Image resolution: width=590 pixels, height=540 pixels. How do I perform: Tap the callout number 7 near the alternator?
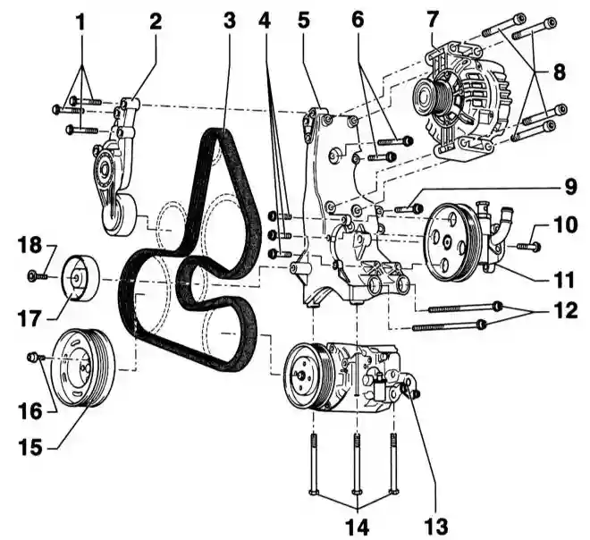(433, 20)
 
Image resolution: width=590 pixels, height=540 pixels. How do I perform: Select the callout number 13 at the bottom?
(436, 526)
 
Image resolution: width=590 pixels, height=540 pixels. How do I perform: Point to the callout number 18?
(29, 245)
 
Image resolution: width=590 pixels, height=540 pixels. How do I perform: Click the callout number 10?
(565, 224)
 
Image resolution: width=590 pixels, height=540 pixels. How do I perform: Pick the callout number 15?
(31, 448)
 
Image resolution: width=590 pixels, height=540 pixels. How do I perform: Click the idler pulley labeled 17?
(80, 278)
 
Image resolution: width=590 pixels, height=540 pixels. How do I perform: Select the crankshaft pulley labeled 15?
(83, 367)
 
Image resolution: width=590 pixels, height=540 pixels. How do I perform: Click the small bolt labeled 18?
(38, 276)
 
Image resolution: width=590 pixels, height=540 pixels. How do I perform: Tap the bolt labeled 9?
(409, 207)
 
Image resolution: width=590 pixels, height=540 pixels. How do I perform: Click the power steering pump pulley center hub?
(447, 242)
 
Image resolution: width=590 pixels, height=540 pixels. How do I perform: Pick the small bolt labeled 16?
(36, 357)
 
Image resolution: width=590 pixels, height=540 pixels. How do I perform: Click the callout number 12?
(565, 311)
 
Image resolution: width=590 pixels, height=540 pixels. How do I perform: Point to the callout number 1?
(80, 22)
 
